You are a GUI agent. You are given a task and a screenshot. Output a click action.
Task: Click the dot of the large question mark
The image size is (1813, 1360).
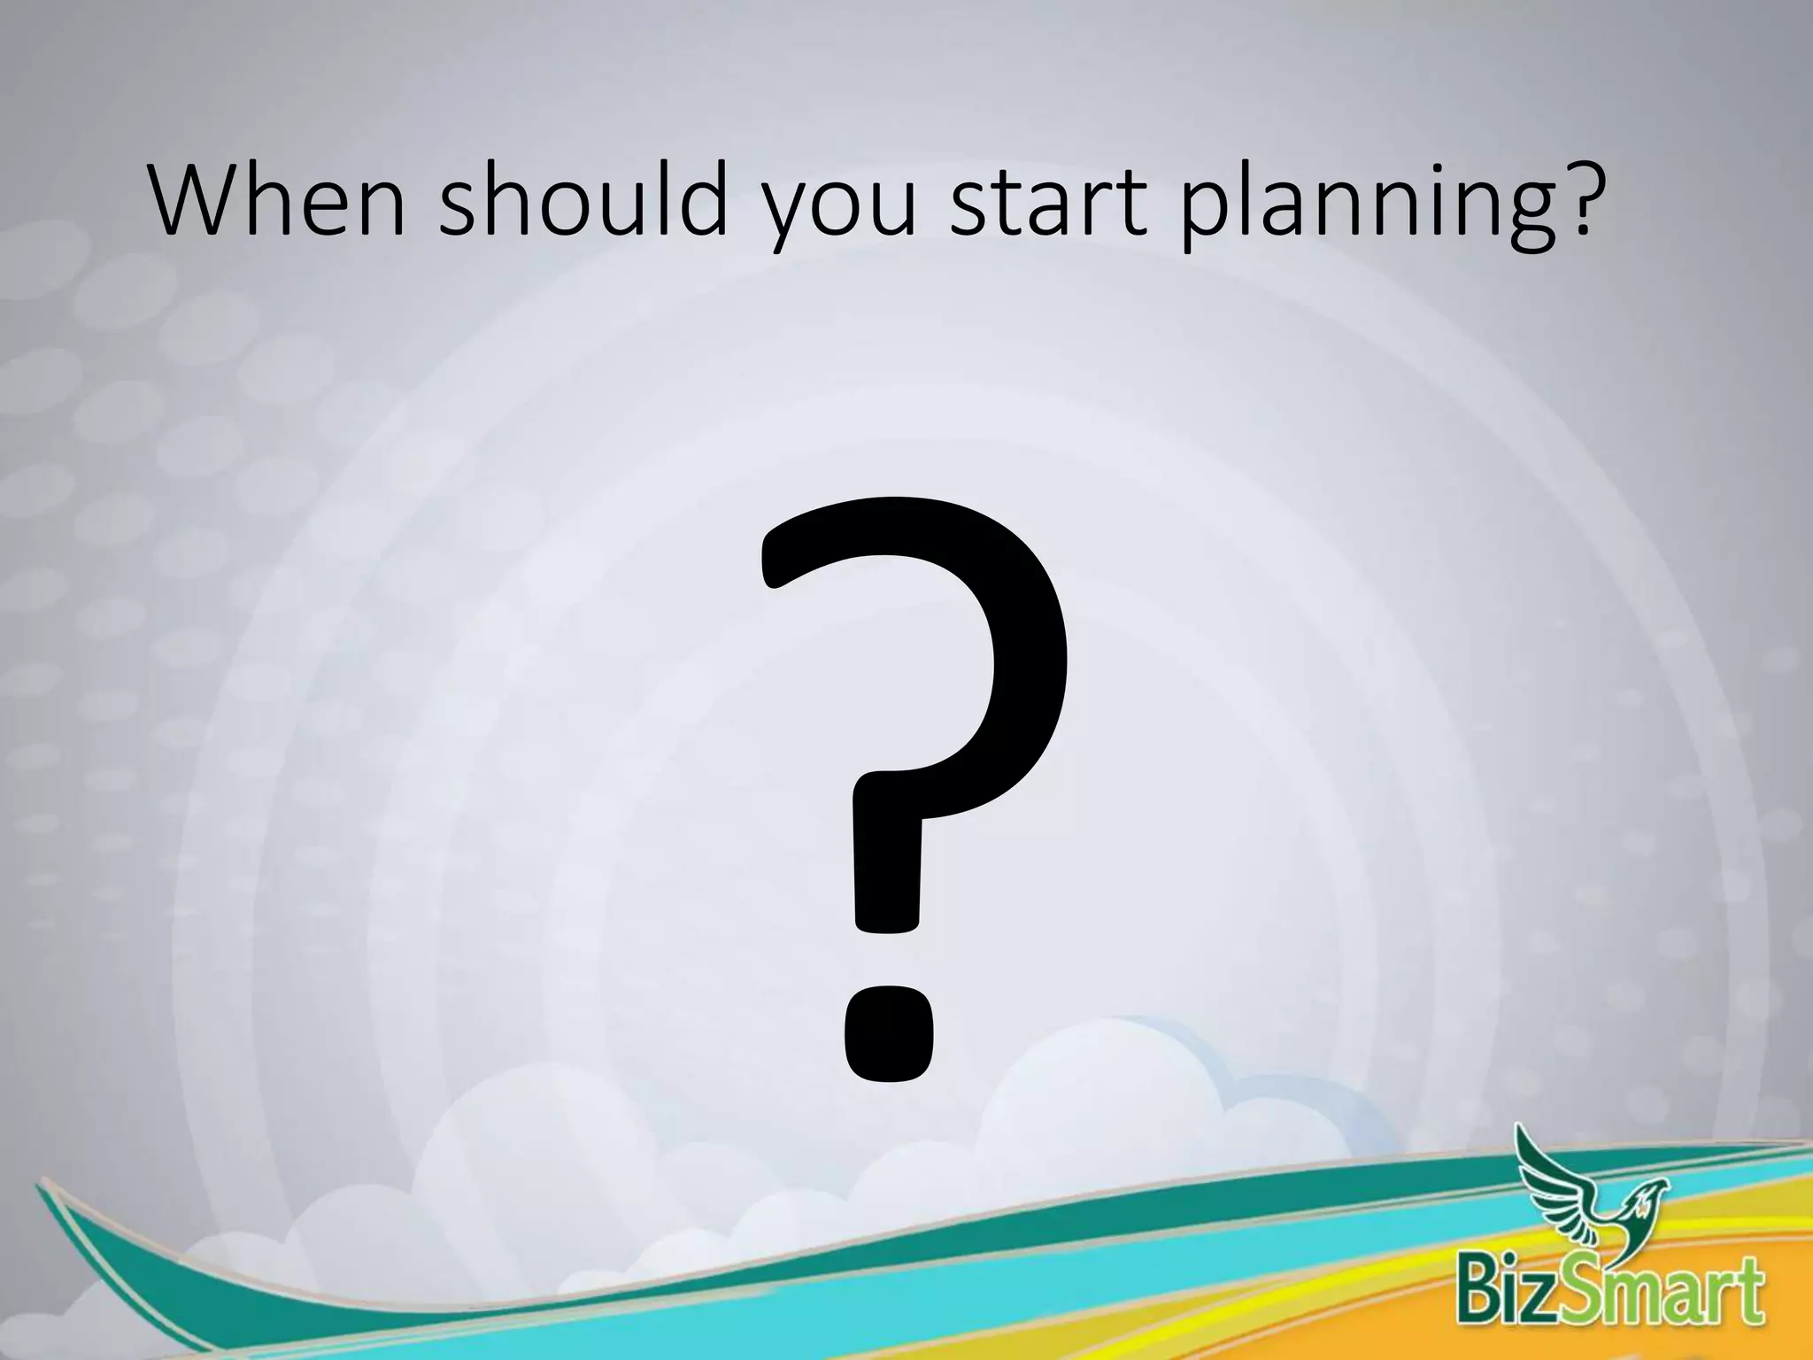[x=888, y=1033]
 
